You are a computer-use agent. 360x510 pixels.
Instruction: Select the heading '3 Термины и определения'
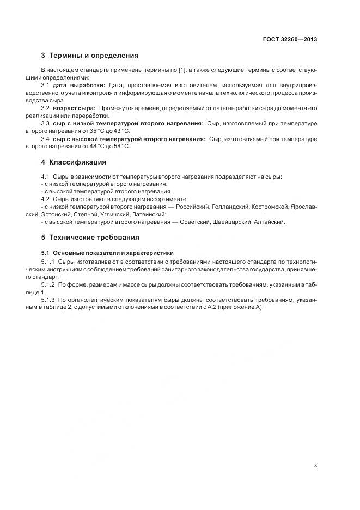(x=90, y=56)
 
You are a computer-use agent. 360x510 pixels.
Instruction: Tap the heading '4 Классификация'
(x=74, y=162)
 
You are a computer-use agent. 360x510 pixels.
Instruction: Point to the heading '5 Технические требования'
(x=90, y=238)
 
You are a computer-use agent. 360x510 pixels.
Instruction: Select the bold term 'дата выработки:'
(x=79, y=86)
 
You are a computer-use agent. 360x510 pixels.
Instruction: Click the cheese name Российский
(x=192, y=207)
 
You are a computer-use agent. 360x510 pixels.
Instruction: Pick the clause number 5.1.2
(x=48, y=285)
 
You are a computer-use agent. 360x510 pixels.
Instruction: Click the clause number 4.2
(x=45, y=199)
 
